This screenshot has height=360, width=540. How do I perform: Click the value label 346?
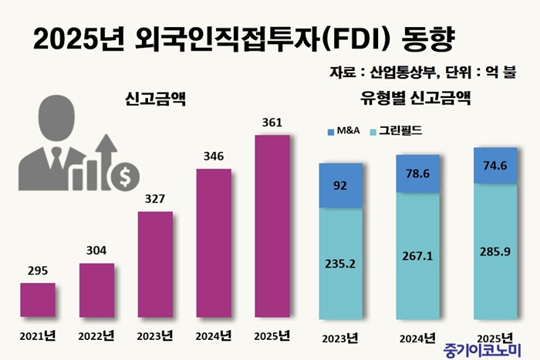pos(214,156)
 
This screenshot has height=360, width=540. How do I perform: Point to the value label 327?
pos(155,198)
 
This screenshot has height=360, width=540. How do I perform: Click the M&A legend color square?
pos(332,131)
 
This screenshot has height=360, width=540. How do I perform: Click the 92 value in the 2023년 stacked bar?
pos(340,185)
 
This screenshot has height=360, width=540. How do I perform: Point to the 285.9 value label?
pos(494,252)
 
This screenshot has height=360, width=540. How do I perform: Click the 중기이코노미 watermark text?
pos(481,349)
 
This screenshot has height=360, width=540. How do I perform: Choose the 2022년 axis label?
pos(97,336)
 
